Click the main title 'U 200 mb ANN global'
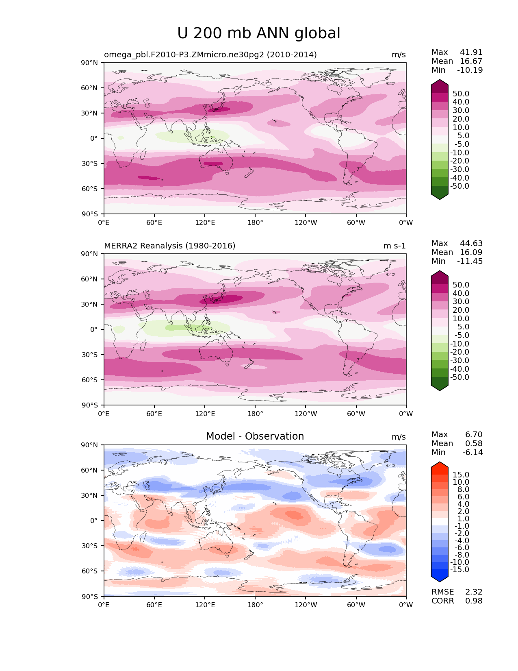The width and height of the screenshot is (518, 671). (259, 33)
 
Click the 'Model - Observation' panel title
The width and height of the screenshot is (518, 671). (255, 436)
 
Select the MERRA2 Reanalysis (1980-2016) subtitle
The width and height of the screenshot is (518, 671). (169, 246)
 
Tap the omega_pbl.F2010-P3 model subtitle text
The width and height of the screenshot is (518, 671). (210, 55)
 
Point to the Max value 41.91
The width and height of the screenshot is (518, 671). (471, 52)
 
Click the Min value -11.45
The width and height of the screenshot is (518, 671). (470, 261)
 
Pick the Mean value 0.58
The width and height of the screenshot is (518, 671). (474, 444)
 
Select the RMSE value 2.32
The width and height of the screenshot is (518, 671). (474, 592)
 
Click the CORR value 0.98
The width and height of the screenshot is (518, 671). (474, 601)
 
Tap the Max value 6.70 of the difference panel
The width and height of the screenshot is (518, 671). (474, 435)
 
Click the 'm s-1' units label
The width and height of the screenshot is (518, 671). (394, 246)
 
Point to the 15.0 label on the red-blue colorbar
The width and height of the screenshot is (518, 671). (461, 475)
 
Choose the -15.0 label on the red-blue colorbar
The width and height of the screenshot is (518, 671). (459, 570)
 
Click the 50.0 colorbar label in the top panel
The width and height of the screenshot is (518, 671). (461, 94)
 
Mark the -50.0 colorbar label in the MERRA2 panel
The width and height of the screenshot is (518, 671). (459, 377)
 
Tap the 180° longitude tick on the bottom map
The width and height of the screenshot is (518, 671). (255, 605)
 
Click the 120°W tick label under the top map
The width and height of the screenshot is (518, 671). (306, 223)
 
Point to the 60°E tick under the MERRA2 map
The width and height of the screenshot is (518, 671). (154, 414)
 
